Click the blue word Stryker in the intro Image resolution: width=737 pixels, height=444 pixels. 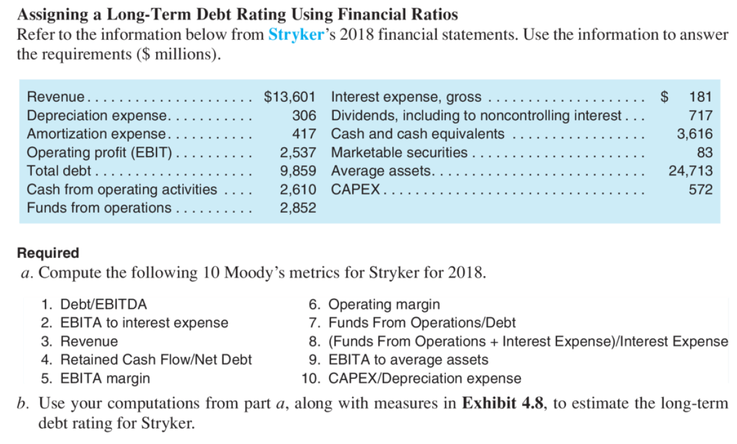(x=295, y=34)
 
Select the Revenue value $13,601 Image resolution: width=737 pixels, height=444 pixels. (x=289, y=97)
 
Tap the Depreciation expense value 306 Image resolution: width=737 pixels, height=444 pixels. (x=305, y=116)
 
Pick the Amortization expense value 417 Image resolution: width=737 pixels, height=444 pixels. (x=305, y=134)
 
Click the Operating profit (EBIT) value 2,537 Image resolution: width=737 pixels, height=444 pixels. (x=298, y=153)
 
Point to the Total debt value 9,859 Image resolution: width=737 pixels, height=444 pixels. (x=298, y=171)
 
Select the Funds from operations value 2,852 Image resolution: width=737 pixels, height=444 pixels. (x=298, y=208)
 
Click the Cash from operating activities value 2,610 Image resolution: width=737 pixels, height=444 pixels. (x=298, y=190)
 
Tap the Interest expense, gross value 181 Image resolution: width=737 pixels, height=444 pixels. (x=701, y=97)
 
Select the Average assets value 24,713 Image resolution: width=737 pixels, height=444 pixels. (x=690, y=171)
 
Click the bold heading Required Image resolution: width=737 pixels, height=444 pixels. (x=48, y=253)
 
